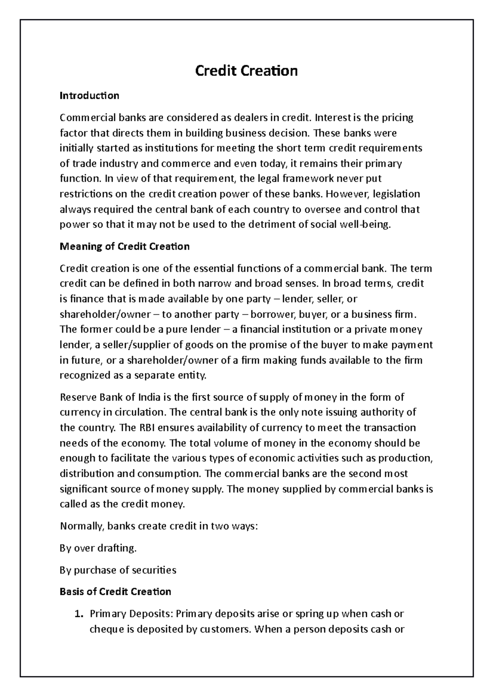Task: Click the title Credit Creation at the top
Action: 246,71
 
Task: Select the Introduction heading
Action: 89,96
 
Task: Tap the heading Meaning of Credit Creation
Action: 124,247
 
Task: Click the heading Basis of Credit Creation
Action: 115,592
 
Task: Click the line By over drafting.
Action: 98,548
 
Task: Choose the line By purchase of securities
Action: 118,570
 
